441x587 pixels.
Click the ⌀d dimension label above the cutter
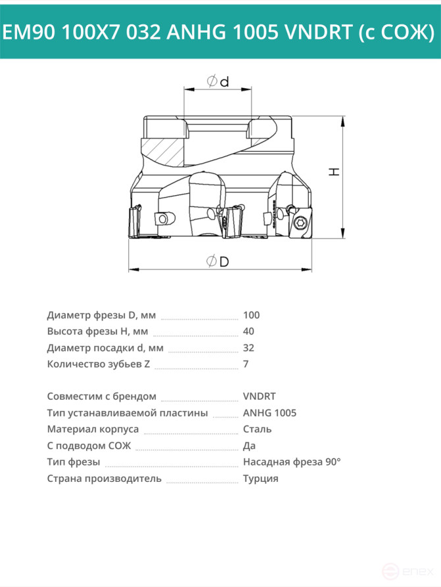coord(217,82)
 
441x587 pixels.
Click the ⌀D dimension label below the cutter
coord(217,261)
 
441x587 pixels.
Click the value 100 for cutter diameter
coord(251,316)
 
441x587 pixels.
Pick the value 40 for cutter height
coord(249,331)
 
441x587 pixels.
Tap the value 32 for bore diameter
coord(249,348)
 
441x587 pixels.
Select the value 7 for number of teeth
coord(246,364)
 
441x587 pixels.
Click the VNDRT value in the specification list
coord(259,396)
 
